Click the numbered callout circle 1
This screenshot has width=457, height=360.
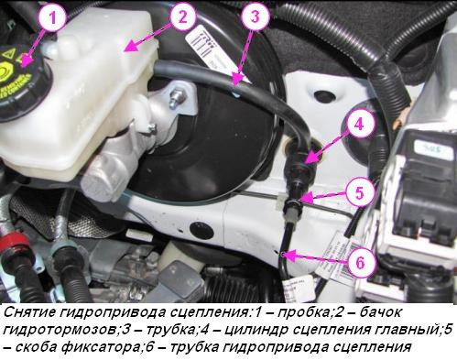tap(52, 17)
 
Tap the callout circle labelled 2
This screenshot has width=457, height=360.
tap(182, 17)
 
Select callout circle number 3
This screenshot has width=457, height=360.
tap(255, 17)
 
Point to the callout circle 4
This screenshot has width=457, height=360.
tap(358, 125)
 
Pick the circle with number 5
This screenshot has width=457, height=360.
tap(359, 193)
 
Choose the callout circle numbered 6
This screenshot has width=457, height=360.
tap(360, 263)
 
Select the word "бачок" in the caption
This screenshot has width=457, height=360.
tap(380, 312)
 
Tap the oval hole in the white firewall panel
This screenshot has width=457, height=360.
tap(324, 96)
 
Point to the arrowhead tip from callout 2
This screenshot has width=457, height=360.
tap(127, 49)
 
